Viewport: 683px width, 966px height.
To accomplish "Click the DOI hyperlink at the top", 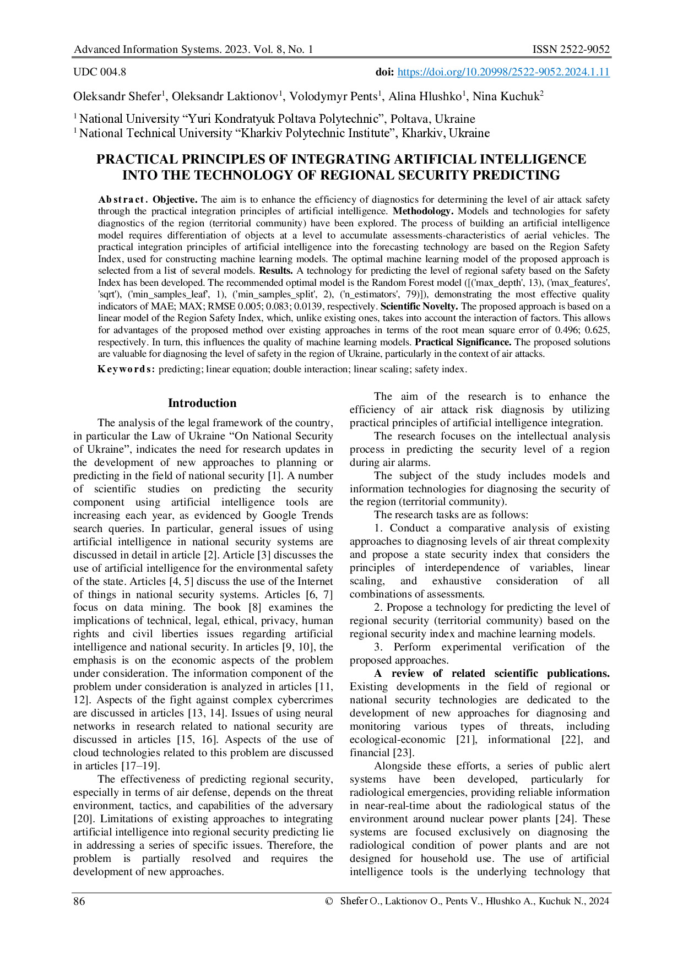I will pos(503,72).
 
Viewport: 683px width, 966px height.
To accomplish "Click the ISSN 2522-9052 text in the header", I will pos(571,50).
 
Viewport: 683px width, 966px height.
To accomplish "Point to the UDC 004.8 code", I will pos(100,72).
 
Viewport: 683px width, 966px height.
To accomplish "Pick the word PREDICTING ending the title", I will pos(510,176).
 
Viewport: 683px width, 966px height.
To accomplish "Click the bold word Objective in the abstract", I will pos(175,199).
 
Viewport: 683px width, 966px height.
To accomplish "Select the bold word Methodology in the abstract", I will pos(423,211).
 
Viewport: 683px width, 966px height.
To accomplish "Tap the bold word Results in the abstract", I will pos(275,271).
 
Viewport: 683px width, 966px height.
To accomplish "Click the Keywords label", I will pos(126,370).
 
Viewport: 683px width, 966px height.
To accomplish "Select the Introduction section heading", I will pos(202,403).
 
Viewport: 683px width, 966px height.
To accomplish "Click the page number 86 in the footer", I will pos(79,901).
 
